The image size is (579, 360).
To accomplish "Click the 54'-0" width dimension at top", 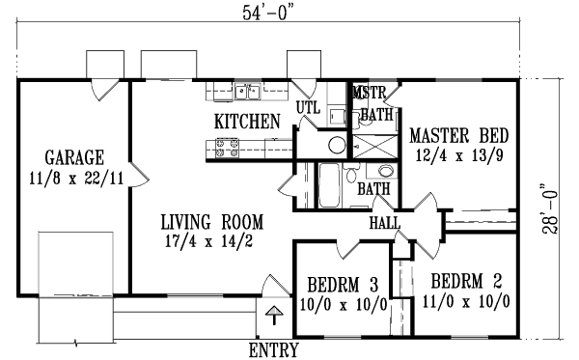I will pos(267,12).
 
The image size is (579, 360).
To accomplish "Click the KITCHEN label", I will pos(247,122).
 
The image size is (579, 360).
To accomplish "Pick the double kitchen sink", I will pos(246,93).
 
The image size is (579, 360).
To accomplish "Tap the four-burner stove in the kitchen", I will pos(227,148).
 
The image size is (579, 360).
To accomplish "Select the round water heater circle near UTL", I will pos(336,146).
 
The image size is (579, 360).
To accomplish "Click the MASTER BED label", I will pos(458,134).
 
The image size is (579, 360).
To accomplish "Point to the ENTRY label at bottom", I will pos(273,348).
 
